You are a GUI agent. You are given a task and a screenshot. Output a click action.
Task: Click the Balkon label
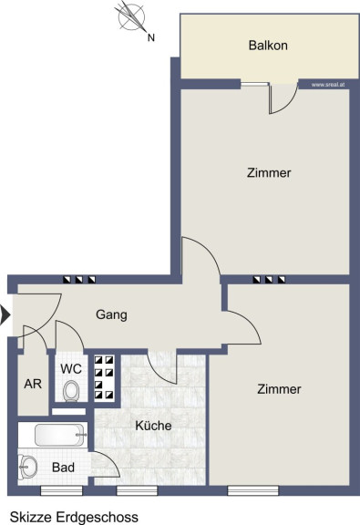[x=268, y=46]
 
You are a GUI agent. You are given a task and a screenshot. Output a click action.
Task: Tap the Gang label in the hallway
[x=111, y=314]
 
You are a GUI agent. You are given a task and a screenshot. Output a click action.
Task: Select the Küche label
[x=153, y=426]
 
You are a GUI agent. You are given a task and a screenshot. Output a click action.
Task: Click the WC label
[x=71, y=369]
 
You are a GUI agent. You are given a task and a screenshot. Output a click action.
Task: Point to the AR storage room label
[x=33, y=384]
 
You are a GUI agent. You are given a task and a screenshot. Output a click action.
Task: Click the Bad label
[x=63, y=468]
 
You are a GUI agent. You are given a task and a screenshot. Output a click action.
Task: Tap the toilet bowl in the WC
[x=71, y=391]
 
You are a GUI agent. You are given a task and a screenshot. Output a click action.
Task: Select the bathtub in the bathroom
[x=60, y=435]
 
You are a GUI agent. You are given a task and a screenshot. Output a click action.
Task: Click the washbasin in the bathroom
[x=28, y=466]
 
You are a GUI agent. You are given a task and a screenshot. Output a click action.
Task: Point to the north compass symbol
[x=131, y=16]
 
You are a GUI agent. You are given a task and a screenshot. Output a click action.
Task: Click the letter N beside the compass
[x=151, y=38]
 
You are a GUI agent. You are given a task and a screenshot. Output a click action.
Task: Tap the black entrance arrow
[x=5, y=314]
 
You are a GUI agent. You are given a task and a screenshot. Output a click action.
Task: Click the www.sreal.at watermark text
[x=328, y=85]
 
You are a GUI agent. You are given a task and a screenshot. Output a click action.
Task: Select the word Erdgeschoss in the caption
[x=98, y=518]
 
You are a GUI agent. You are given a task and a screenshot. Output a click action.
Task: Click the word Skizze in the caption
[x=31, y=517]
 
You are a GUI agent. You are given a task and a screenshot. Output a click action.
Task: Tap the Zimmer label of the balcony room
[x=269, y=173]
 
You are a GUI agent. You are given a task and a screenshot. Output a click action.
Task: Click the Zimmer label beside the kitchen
[x=279, y=389]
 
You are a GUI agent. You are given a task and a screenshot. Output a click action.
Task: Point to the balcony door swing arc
[x=290, y=103]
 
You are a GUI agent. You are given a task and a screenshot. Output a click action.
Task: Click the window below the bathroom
[x=61, y=490]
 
